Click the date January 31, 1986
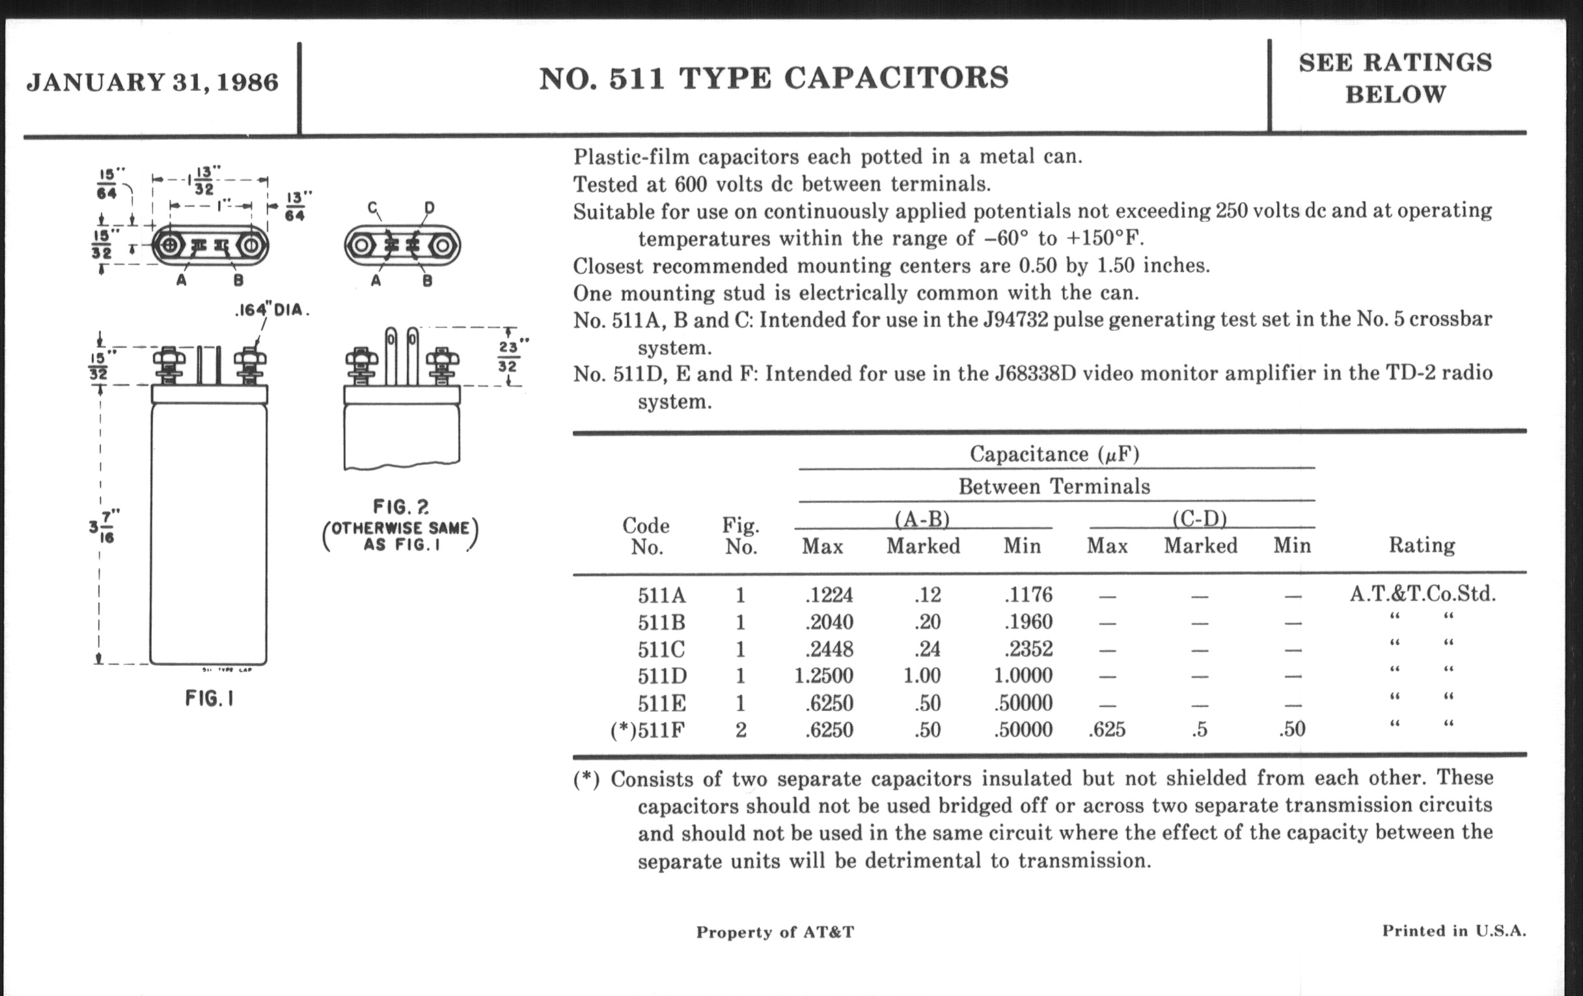[x=152, y=82]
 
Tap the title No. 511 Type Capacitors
[x=774, y=77]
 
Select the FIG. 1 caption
[x=209, y=699]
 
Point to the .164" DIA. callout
[x=271, y=310]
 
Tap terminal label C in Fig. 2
[x=373, y=208]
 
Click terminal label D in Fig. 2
[x=430, y=208]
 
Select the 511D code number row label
[x=661, y=676]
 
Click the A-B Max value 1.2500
[x=823, y=676]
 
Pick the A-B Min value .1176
[x=1028, y=595]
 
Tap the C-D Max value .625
[x=1107, y=730]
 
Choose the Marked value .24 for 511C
[x=927, y=650]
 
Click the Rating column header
[x=1422, y=545]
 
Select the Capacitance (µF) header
[x=1054, y=454]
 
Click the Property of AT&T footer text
[x=775, y=932]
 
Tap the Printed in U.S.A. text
[x=1453, y=931]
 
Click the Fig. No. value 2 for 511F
[x=741, y=730]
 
